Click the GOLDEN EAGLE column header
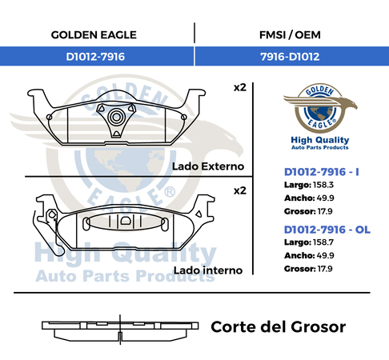pos(94,35)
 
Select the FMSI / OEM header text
pos(290,35)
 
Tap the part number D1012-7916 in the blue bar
pos(95,57)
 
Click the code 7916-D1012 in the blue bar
pos(290,57)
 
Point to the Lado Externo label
pos(208,166)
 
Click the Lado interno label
pos(208,270)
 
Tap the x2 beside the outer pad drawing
pos(240,87)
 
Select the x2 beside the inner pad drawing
pos(240,190)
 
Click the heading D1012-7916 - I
pos(322,172)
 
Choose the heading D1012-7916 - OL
pos(327,230)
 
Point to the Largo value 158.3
pos(323,185)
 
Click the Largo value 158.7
pos(323,242)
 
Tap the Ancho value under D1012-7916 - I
pos(326,198)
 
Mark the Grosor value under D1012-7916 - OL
pos(325,269)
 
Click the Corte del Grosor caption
pos(279,327)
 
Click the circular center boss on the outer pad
pos(116,117)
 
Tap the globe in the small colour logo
pos(320,113)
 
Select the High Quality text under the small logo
pos(320,140)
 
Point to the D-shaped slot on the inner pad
pos(125,221)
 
